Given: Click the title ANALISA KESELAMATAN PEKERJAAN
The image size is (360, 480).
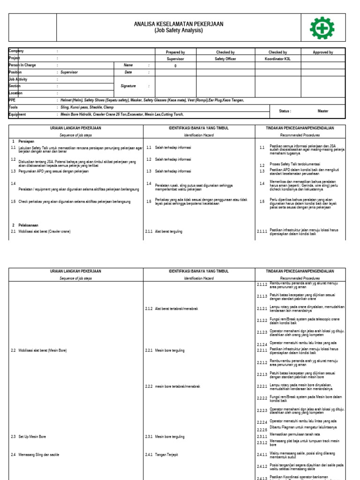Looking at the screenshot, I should click(179, 24).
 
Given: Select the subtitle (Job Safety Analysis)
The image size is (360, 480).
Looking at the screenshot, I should click(179, 30).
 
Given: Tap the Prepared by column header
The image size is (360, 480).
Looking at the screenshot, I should click(175, 52).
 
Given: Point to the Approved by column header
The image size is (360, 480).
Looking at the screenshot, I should click(322, 52).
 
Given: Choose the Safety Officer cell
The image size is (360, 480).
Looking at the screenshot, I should click(225, 59).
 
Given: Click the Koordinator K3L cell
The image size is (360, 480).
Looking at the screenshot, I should click(277, 59).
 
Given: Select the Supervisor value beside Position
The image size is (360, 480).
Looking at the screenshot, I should click(69, 73).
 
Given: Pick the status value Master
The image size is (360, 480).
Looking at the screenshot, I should click(322, 111).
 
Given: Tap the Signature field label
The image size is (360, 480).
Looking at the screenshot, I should click(128, 86).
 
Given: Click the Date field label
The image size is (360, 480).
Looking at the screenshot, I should click(128, 73).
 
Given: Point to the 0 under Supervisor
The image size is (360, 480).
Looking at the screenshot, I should click(175, 66).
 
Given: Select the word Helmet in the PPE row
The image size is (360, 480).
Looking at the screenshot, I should click(66, 100).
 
